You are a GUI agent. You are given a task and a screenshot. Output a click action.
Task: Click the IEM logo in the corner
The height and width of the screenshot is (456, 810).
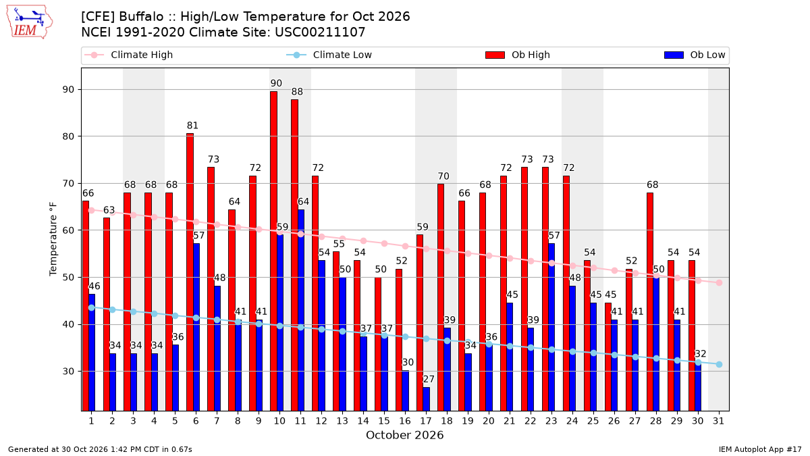(x=29, y=22)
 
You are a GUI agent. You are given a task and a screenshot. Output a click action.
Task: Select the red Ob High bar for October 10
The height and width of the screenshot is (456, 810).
(x=274, y=251)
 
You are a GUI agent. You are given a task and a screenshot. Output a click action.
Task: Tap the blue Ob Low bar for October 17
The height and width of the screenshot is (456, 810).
(x=427, y=399)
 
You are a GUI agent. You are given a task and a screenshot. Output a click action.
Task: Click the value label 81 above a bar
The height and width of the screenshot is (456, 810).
(x=193, y=126)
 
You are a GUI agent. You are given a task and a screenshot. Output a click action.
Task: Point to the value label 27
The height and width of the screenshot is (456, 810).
(x=429, y=379)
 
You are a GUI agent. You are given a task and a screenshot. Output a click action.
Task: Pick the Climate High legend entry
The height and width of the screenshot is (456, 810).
(x=128, y=55)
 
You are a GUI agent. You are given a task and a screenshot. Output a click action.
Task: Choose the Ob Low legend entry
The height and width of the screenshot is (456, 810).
(x=695, y=55)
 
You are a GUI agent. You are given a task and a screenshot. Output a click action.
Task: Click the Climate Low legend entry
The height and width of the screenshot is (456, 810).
(x=329, y=55)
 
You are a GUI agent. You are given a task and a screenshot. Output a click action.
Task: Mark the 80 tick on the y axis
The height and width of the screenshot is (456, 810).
(x=69, y=136)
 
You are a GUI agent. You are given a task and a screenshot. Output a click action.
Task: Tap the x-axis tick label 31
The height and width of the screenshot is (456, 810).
(x=718, y=422)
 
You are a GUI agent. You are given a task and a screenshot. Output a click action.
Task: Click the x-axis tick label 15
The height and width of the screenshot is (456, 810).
(x=384, y=422)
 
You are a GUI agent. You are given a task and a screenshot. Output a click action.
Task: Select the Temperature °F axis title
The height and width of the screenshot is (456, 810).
(x=53, y=239)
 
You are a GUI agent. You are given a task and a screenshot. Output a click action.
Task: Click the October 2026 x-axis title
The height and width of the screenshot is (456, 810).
(x=404, y=435)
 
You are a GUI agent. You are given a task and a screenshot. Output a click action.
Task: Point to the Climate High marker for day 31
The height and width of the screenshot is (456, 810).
(x=719, y=282)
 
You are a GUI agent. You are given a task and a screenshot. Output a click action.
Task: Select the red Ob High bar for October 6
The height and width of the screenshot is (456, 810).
(x=190, y=272)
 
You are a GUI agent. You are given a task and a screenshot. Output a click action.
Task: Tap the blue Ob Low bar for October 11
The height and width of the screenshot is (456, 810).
(x=301, y=311)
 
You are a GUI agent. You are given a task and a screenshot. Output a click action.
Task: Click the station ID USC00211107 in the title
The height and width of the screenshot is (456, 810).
(x=320, y=32)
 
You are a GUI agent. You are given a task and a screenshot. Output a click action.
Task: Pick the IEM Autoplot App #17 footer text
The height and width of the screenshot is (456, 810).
(x=760, y=449)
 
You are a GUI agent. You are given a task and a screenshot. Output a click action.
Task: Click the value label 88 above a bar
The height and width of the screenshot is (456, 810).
(x=297, y=92)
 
